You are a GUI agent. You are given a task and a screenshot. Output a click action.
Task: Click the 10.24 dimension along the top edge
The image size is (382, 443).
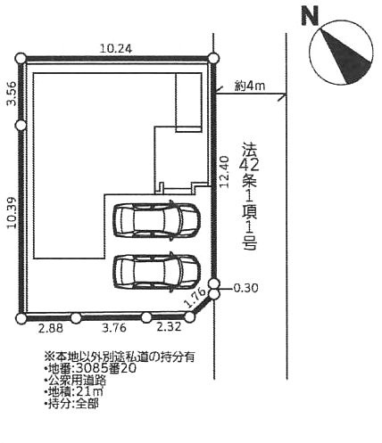(116, 49)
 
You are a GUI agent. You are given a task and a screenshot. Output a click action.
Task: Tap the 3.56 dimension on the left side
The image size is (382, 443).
(12, 94)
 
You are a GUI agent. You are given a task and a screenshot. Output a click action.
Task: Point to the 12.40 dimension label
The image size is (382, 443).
(225, 172)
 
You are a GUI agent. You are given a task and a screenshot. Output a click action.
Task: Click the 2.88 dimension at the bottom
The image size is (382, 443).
(51, 329)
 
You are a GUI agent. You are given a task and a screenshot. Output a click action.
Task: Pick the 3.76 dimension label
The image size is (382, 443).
(114, 328)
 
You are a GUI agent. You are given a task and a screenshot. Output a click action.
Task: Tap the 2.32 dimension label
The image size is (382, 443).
(169, 327)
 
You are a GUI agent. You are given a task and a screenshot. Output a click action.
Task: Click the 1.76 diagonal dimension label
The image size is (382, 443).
(195, 298)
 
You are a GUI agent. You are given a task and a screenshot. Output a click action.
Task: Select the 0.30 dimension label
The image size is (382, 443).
(246, 289)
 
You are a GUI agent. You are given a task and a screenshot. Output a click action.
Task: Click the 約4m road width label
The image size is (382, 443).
(250, 86)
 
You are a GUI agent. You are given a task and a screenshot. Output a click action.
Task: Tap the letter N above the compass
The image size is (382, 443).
(310, 16)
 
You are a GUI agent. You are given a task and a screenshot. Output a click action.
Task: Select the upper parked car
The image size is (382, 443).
(156, 219)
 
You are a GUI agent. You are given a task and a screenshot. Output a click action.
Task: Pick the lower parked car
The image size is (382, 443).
(156, 271)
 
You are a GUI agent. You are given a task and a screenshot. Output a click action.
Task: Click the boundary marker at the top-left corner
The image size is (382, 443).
(21, 58)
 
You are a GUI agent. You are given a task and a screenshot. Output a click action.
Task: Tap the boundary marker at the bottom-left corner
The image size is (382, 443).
(21, 318)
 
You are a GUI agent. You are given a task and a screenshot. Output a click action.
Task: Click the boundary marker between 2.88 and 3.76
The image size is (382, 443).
(76, 318)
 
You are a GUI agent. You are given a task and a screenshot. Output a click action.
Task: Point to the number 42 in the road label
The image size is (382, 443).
(250, 165)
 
